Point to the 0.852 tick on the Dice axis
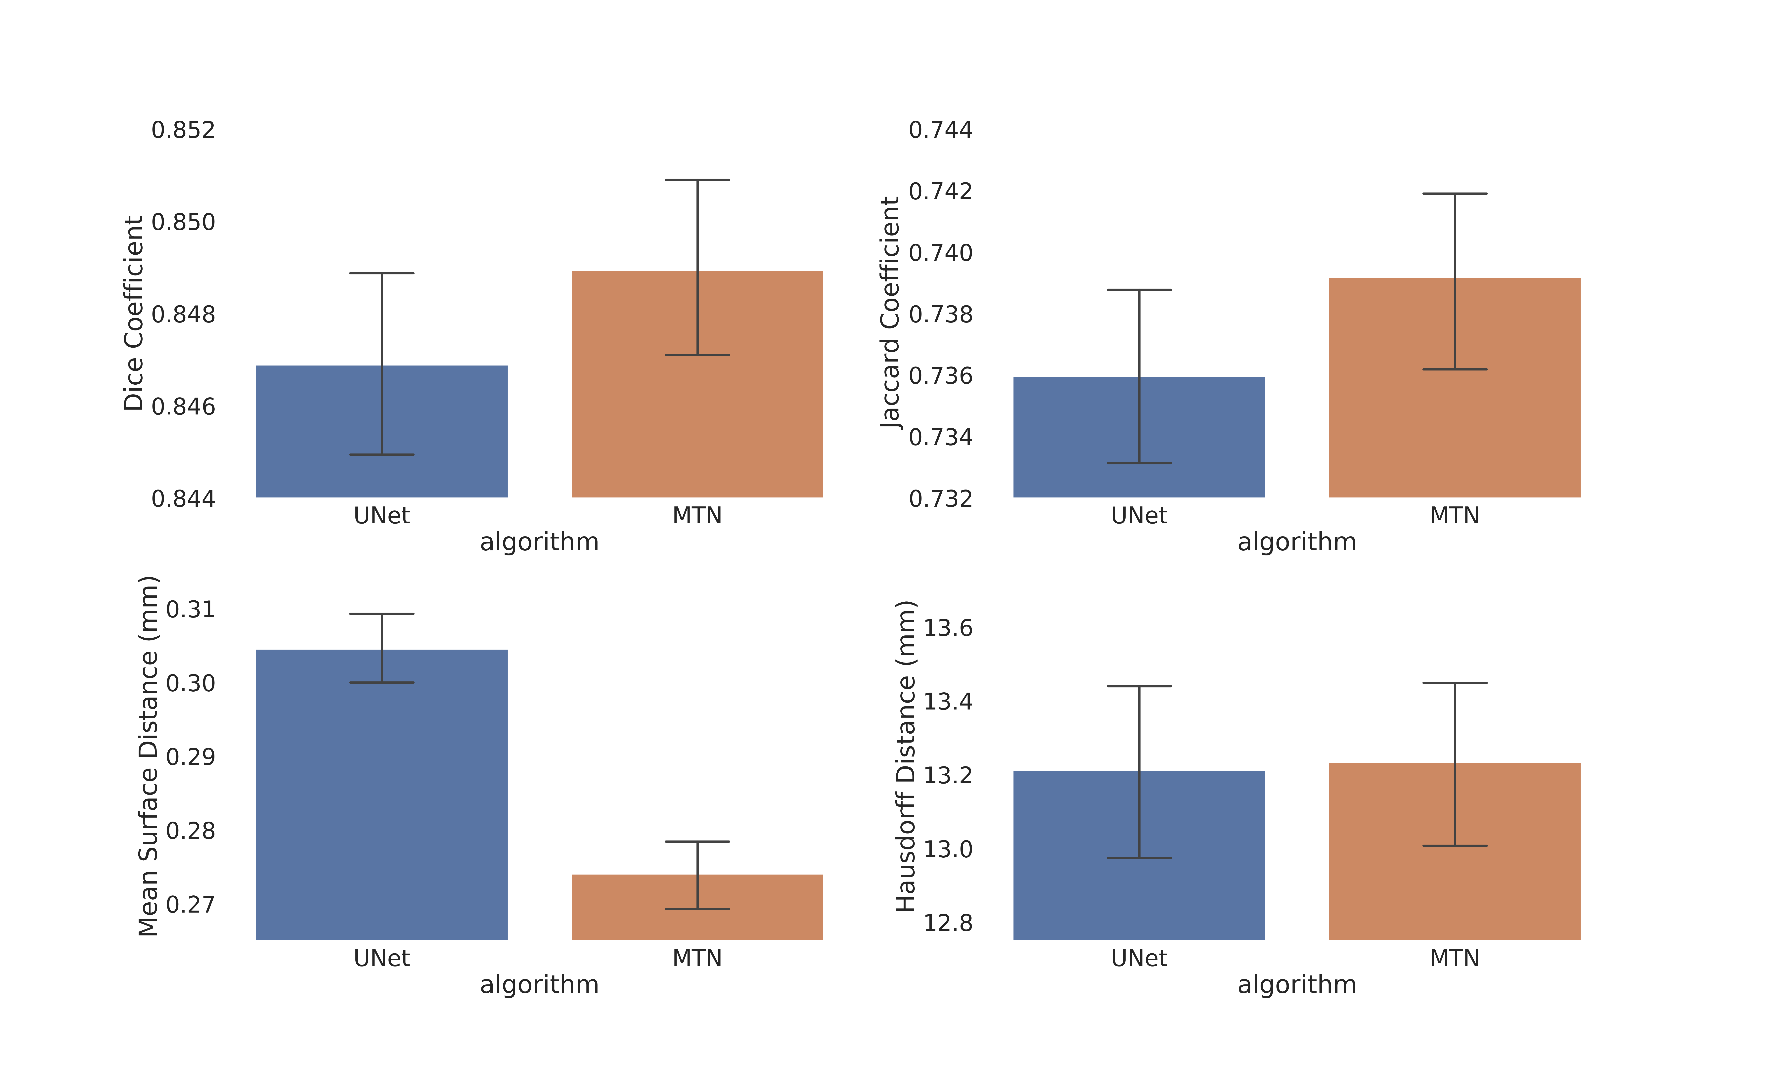tap(183, 130)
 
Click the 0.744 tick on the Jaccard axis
tap(940, 130)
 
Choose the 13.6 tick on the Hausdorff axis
tap(947, 628)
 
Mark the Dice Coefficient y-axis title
tap(134, 313)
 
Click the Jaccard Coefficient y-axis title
tap(891, 313)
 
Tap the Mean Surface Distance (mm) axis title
tap(149, 755)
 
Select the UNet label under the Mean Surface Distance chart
tap(382, 958)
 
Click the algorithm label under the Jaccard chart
tap(1297, 542)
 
